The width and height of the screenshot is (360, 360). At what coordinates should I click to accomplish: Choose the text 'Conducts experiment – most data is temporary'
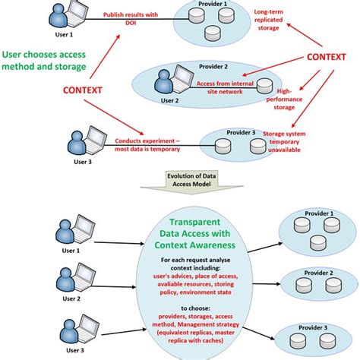pyautogui.click(x=148, y=145)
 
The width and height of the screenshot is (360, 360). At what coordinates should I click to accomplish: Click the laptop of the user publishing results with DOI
pyautogui.click(x=76, y=15)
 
